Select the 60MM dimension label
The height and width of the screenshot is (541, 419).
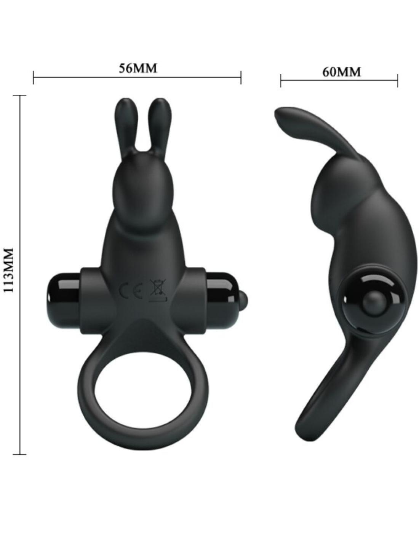click(x=341, y=72)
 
